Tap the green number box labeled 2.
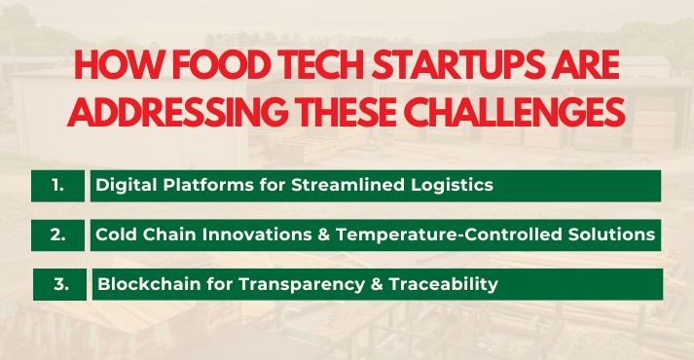[x=58, y=234]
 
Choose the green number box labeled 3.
[x=60, y=284]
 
